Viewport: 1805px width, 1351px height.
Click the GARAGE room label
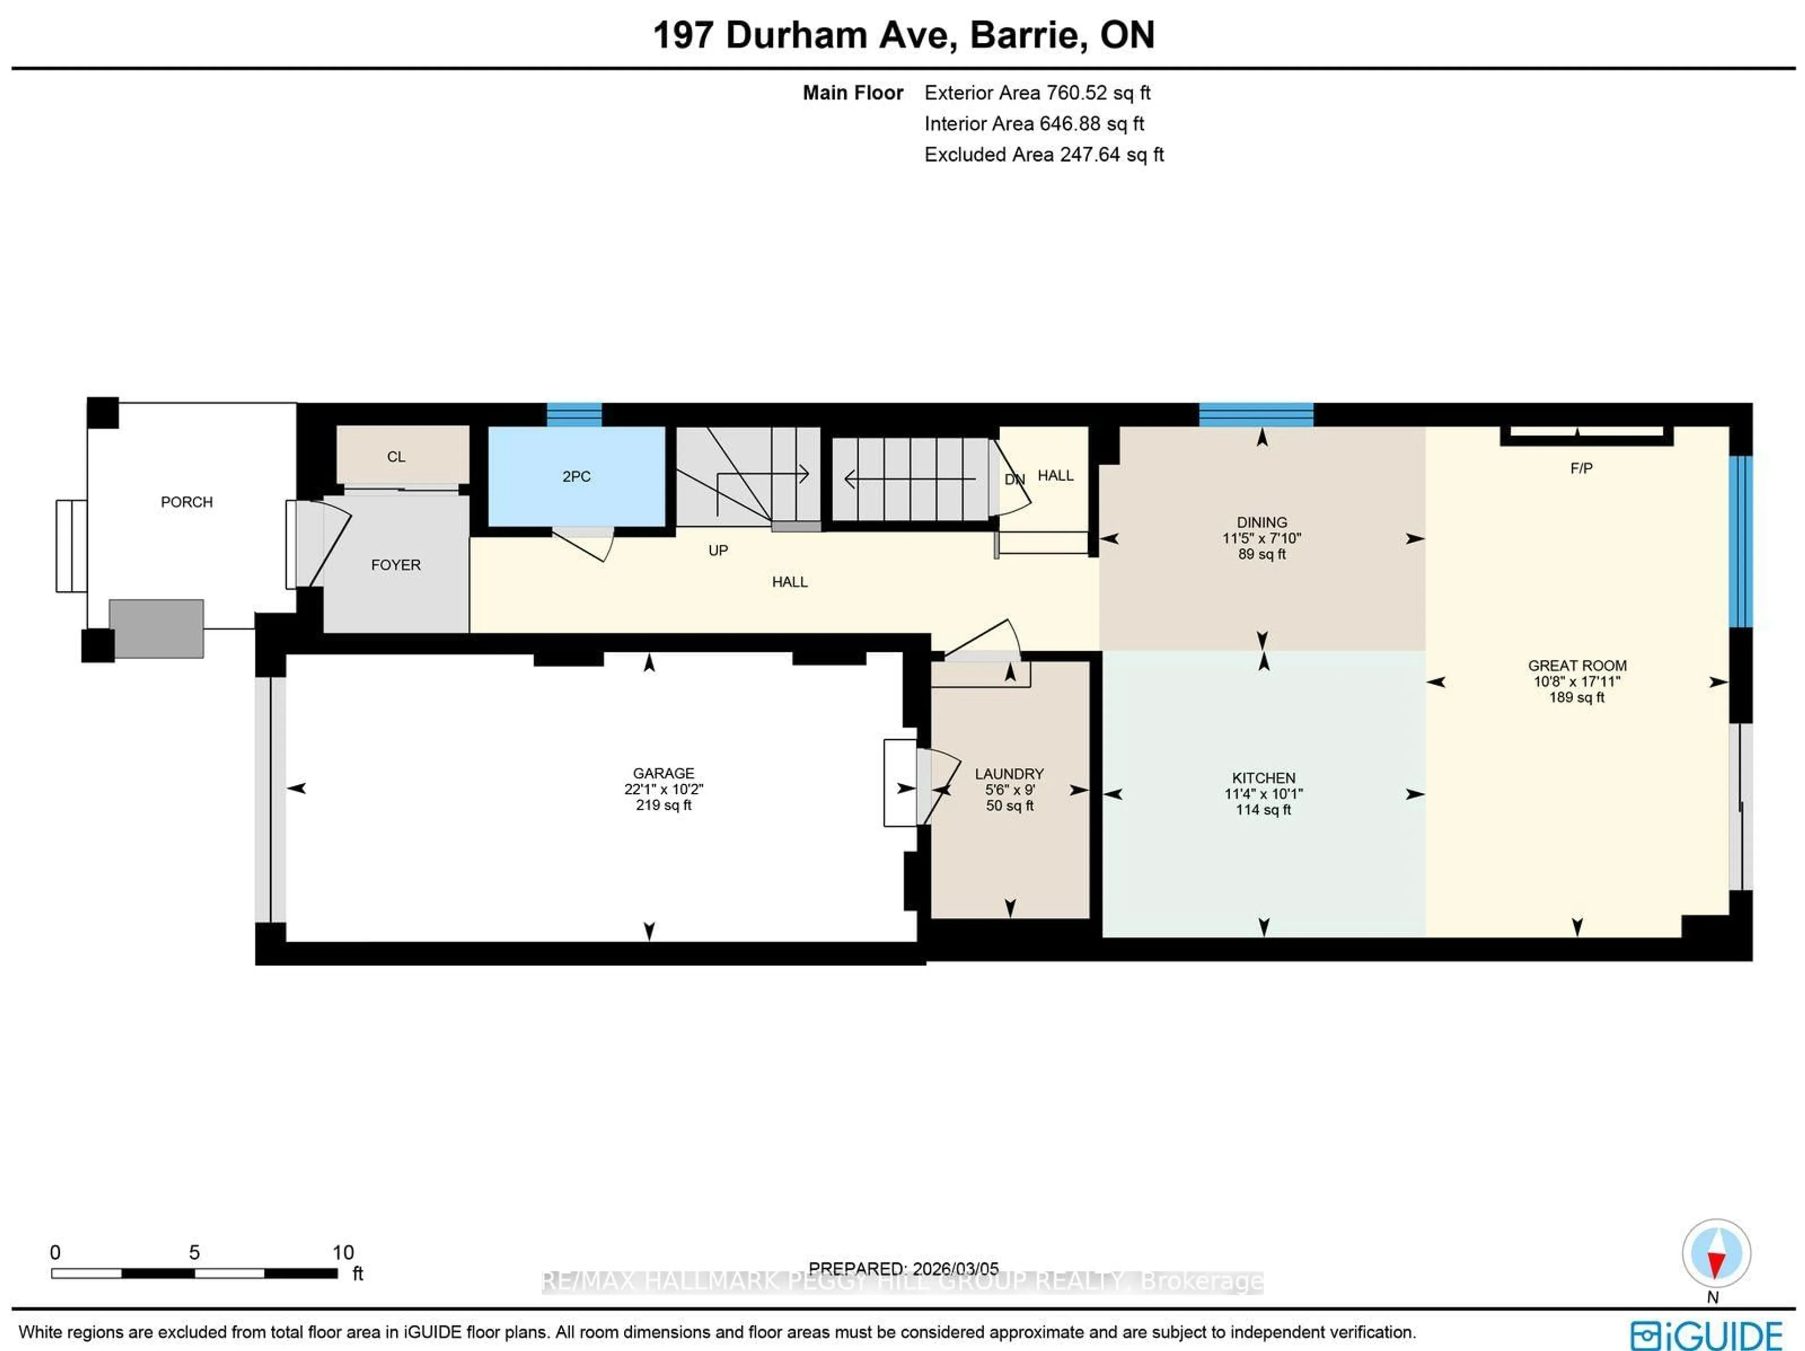coord(663,773)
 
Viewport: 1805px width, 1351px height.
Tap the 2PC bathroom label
coord(576,476)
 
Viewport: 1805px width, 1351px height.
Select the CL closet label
coord(396,457)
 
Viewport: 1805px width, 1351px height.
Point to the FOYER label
coord(396,564)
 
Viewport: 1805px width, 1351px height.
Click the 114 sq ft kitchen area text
coord(1263,809)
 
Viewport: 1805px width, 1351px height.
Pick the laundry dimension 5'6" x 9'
coord(1009,790)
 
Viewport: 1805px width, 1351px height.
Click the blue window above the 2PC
coord(573,414)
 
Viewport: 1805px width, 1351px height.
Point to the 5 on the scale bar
coord(194,1252)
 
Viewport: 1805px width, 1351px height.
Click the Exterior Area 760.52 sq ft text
coord(1036,93)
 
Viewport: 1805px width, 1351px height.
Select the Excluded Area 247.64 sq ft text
coord(1043,155)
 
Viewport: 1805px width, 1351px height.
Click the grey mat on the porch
coord(156,628)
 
